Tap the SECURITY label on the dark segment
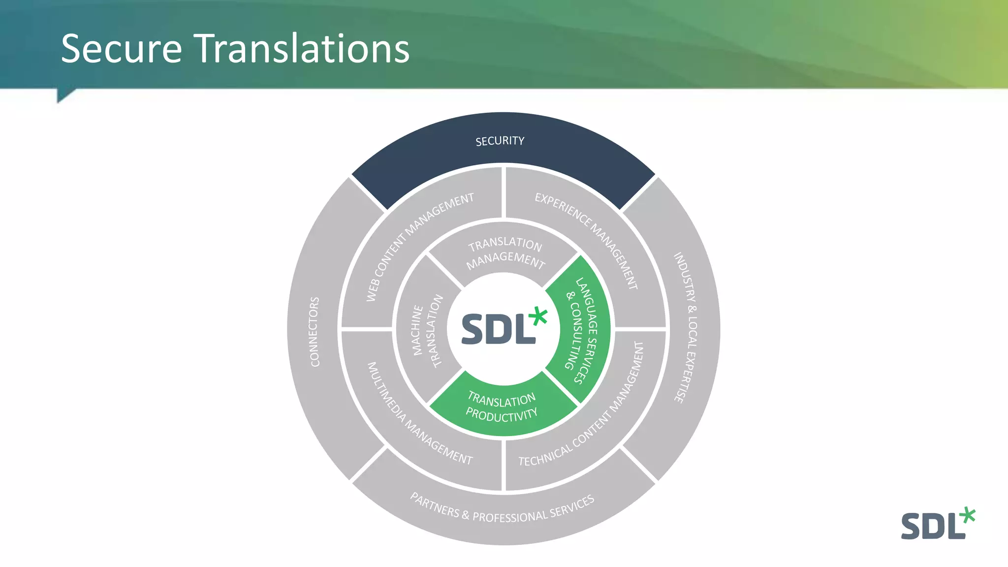500,141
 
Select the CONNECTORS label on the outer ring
315,331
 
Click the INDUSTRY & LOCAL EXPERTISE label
686,328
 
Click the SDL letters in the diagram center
497,329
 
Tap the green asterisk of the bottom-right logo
967,515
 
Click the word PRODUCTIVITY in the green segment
502,415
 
